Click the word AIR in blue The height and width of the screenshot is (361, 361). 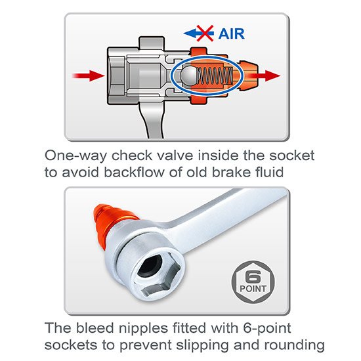tap(232, 34)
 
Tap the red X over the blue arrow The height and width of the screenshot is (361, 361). tap(205, 33)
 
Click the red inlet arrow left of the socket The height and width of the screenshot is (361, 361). tap(89, 75)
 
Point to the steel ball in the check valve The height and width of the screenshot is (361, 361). tap(189, 75)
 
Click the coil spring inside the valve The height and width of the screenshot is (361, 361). tap(215, 75)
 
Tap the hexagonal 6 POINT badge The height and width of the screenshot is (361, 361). tap(253, 282)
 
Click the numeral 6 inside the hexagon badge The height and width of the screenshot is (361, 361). tap(253, 277)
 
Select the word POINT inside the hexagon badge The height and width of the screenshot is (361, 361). tap(253, 289)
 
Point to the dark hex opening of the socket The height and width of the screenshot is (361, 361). tap(150, 267)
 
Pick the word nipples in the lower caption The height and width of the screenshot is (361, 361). tap(143, 328)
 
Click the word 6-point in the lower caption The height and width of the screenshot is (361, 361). tap(267, 329)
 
